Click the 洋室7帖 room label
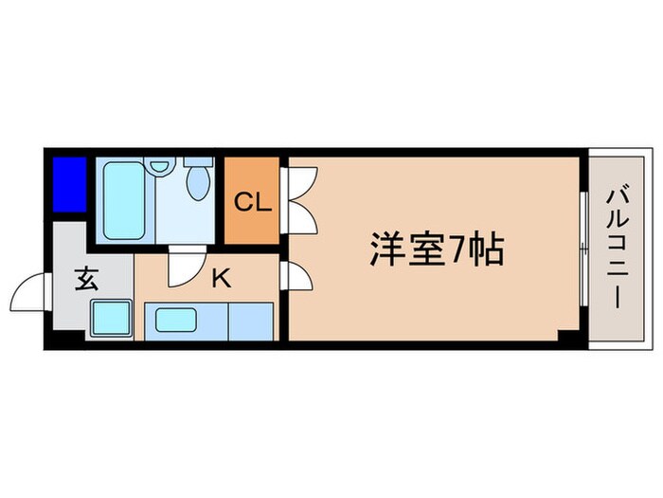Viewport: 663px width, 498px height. pyautogui.click(x=435, y=249)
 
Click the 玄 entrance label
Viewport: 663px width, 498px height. pyautogui.click(x=87, y=280)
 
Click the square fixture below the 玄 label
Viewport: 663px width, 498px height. pyautogui.click(x=111, y=316)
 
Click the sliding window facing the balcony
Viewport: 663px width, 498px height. pyautogui.click(x=580, y=251)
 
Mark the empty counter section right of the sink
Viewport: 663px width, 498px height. pyautogui.click(x=251, y=321)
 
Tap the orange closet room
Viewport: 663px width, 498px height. pyautogui.click(x=251, y=218)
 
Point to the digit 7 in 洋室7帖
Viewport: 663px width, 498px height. pyautogui.click(x=457, y=250)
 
